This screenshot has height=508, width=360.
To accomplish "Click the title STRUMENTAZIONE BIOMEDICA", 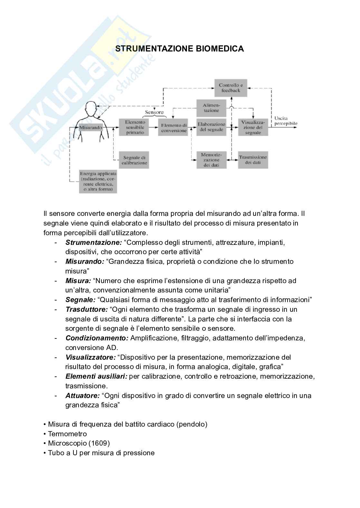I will tap(179, 49).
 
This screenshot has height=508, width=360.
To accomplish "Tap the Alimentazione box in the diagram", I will tap(211, 108).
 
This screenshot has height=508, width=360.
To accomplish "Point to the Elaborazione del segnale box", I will tap(211, 127).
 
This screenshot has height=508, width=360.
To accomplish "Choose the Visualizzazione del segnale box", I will tap(253, 127).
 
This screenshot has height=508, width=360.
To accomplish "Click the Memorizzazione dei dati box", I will tap(211, 160).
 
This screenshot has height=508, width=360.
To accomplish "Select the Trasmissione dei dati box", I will tap(253, 160).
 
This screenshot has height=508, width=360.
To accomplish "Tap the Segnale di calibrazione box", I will tap(134, 160).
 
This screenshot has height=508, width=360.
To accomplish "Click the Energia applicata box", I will tap(98, 181).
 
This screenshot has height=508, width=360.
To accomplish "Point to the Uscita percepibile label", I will tap(286, 121).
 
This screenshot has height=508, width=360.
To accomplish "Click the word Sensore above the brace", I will tap(154, 112).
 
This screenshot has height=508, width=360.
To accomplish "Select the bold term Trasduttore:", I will tap(86, 309).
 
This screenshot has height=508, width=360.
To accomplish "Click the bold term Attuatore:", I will tap(82, 396).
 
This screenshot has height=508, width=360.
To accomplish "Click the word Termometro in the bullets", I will tap(67, 434).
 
